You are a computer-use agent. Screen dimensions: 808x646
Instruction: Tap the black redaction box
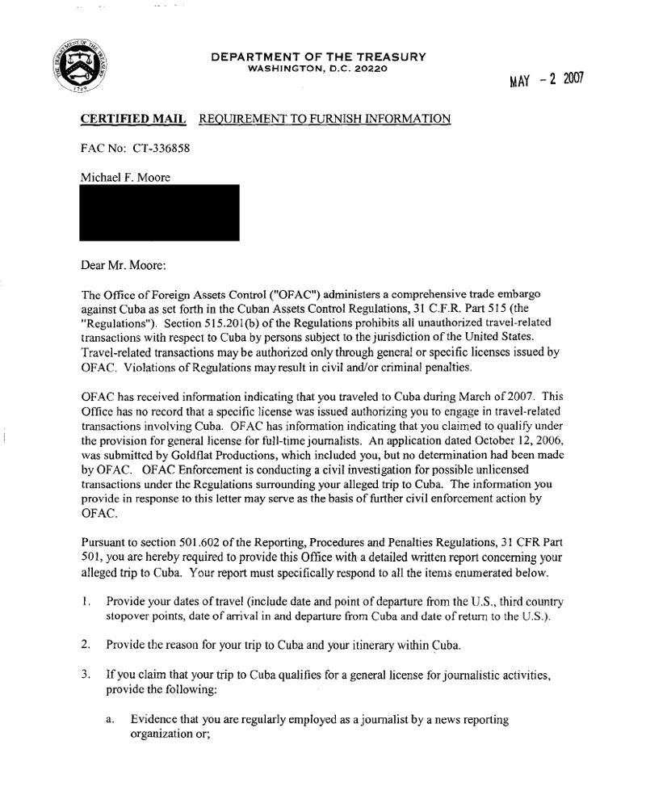click(159, 213)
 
